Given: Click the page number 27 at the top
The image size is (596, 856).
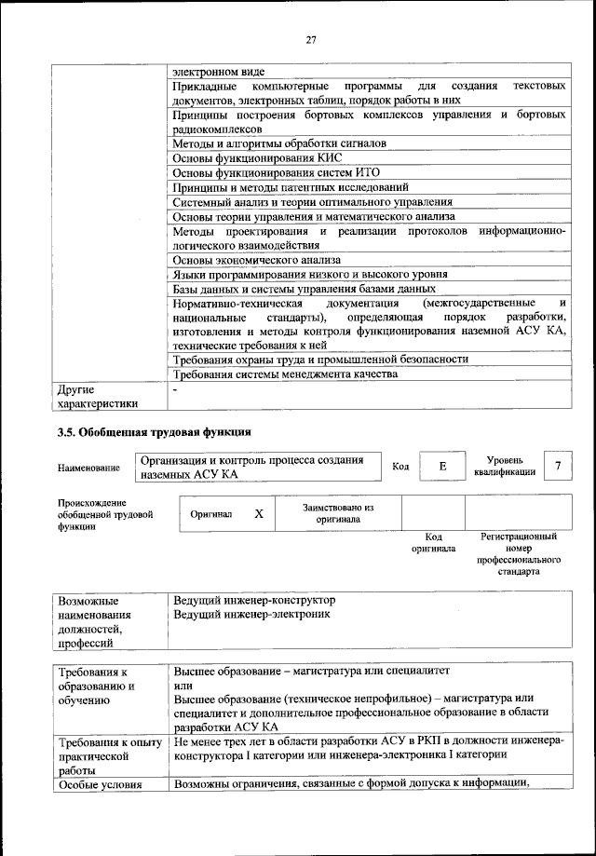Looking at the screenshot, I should (x=311, y=38).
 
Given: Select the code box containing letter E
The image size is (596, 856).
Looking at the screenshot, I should (x=443, y=467).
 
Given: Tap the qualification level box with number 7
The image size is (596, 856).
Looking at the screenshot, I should (x=557, y=466).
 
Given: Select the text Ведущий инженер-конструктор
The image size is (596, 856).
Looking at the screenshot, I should (x=254, y=600).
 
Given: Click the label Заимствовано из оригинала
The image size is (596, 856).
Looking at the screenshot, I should (x=338, y=514).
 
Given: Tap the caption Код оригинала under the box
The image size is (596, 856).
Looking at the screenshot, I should (x=433, y=543).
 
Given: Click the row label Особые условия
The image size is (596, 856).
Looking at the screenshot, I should (x=100, y=784).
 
